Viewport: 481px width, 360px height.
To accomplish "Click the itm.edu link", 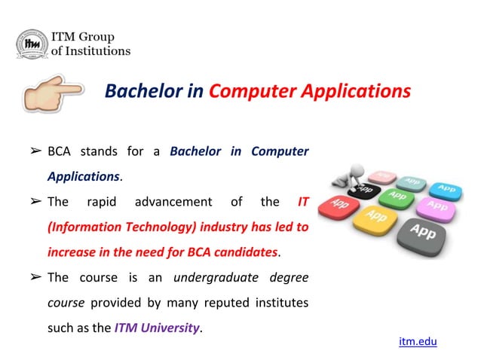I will [x=418, y=342].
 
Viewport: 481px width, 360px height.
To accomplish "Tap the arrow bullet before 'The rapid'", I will [x=35, y=202].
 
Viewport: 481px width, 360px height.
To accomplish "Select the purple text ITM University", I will [x=158, y=328].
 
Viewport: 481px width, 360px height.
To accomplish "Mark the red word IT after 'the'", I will [x=303, y=202].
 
